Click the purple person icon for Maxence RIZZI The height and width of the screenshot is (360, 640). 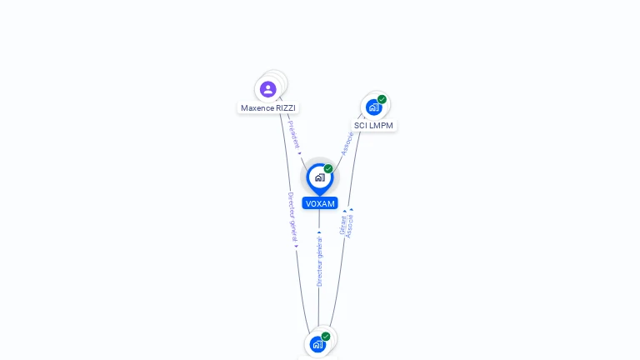267,89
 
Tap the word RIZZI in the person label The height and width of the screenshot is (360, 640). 285,108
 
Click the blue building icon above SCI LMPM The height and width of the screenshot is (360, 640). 373,107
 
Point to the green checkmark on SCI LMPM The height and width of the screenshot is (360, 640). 382,99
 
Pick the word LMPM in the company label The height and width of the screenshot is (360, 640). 381,126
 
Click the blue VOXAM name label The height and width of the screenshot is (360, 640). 320,203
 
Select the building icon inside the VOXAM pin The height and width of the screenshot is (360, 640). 319,177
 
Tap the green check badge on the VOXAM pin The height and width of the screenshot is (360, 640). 328,168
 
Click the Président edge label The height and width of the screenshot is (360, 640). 294,134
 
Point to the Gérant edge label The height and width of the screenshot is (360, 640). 342,225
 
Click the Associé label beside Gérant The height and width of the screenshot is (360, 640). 350,226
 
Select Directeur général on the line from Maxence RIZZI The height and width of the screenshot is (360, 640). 292,217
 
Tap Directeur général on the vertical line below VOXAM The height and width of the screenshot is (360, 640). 319,262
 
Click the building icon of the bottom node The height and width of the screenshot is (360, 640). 317,344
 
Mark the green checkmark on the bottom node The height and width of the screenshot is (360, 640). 326,336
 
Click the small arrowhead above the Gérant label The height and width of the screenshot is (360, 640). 344,212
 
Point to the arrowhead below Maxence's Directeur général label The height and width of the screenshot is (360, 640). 296,247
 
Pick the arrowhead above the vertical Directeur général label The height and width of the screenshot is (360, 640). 319,232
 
